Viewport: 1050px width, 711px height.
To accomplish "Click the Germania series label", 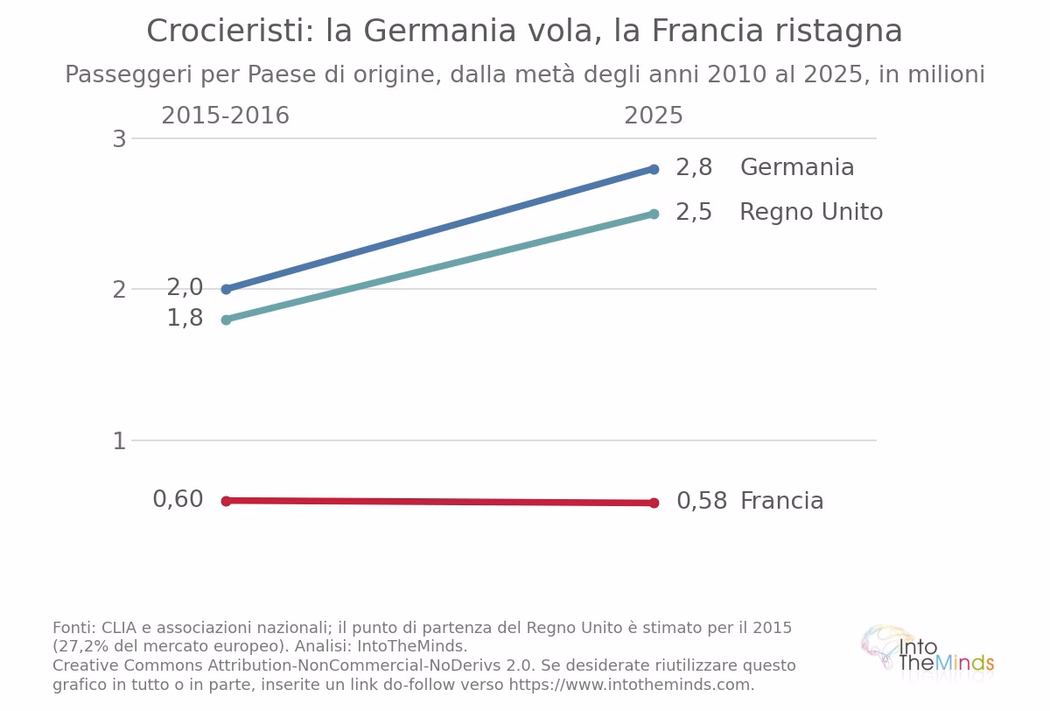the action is tap(797, 167).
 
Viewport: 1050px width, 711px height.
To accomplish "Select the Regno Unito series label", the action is tap(811, 212).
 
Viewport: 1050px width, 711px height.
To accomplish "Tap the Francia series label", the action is tap(782, 501).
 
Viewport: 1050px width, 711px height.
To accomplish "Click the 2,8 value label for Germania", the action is tap(694, 167).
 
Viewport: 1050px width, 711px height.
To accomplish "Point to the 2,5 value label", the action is tap(694, 212).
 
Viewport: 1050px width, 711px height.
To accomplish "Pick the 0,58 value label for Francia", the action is tap(702, 501).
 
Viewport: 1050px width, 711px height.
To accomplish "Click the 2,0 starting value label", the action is tap(185, 287).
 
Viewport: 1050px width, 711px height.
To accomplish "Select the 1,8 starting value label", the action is tap(185, 318).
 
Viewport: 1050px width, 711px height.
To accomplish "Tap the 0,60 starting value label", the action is tap(178, 499).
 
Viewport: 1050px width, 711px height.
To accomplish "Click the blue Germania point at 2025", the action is tap(654, 169).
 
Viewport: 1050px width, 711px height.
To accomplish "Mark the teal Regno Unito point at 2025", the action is tap(654, 215).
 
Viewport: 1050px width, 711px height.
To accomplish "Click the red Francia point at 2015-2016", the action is tap(226, 501).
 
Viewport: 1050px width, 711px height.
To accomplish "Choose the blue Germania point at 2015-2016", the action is tap(226, 289).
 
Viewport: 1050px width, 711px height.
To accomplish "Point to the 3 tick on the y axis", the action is tap(120, 139).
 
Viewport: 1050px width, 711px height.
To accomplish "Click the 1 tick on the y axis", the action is tap(120, 441).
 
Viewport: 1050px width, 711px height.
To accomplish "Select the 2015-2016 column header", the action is tap(226, 116).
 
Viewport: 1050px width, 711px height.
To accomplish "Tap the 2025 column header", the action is tap(654, 116).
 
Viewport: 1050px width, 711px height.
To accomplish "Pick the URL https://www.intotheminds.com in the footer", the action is tap(630, 685).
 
